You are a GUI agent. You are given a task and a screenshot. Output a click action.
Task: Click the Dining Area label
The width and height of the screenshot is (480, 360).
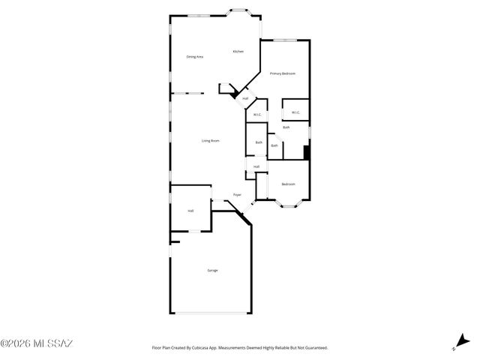(195, 57)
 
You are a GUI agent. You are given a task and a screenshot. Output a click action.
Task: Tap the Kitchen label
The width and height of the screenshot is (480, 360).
(238, 51)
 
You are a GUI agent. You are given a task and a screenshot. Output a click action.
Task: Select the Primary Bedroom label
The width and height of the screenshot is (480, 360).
(283, 73)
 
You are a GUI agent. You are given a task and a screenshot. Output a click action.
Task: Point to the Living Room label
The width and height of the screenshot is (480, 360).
(210, 141)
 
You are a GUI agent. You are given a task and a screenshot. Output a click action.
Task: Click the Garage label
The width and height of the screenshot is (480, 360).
(213, 270)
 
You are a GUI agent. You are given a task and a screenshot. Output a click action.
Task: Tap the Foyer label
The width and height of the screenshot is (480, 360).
(237, 195)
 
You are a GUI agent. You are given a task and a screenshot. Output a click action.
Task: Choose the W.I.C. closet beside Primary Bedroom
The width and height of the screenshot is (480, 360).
(295, 113)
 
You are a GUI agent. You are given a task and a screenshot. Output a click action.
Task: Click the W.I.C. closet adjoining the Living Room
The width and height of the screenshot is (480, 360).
(256, 115)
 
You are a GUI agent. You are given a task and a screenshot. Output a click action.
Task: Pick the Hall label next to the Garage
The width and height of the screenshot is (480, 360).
(190, 211)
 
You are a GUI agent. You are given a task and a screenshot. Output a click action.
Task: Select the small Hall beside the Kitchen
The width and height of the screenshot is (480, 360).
(245, 98)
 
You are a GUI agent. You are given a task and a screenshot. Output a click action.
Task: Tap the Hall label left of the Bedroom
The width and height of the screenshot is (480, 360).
(256, 166)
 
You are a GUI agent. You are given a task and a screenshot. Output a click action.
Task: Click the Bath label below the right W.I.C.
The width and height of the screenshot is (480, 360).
(286, 127)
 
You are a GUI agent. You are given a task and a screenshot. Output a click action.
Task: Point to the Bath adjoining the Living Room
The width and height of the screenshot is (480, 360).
(259, 142)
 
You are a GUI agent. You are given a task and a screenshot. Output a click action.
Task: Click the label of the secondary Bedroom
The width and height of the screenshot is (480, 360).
(288, 184)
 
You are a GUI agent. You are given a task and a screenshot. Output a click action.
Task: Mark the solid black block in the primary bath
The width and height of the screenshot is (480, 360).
(306, 152)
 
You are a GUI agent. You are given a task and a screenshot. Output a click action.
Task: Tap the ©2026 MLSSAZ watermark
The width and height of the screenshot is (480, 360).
(37, 344)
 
